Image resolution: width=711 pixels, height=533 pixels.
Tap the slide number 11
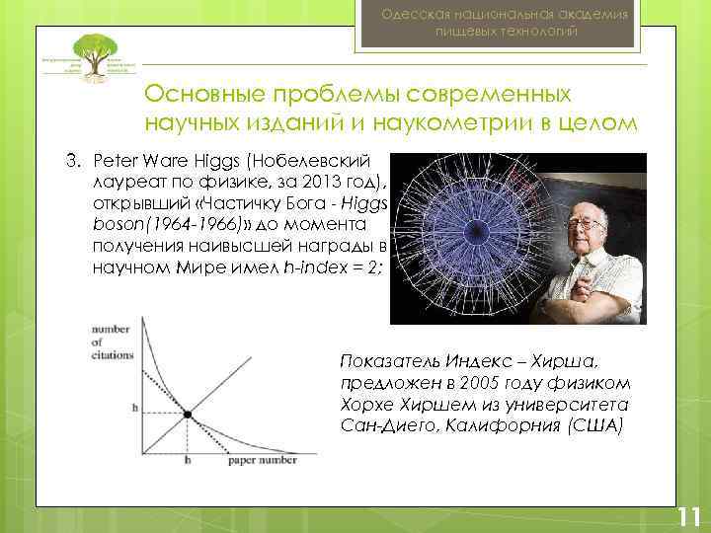point(688,516)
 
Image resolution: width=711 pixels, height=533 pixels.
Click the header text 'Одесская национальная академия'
point(507,13)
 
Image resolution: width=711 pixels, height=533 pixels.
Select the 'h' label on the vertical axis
point(134,407)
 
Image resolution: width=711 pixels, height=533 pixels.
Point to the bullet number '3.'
point(72,160)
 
